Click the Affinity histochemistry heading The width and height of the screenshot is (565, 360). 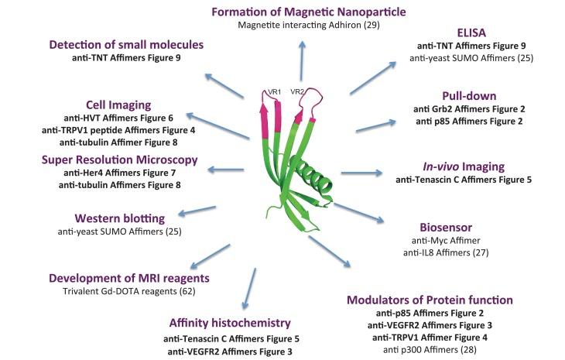pyautogui.click(x=231, y=323)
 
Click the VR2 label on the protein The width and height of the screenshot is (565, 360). pyautogui.click(x=297, y=91)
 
